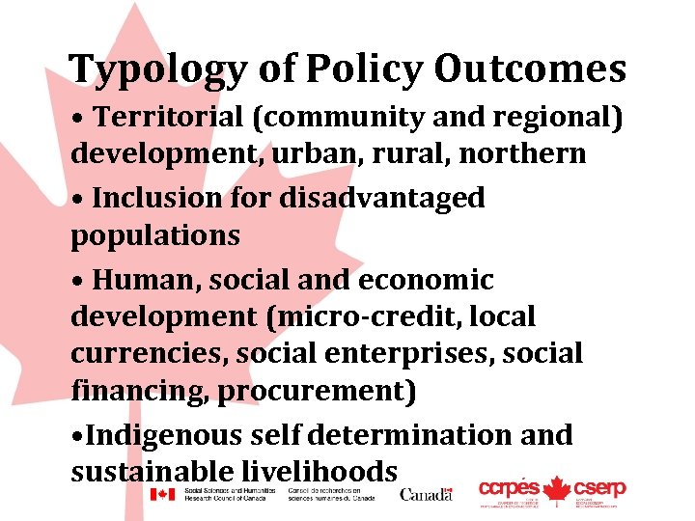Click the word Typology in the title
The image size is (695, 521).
tap(158, 69)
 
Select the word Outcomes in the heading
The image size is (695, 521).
tap(530, 69)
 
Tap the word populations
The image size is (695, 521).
tap(155, 234)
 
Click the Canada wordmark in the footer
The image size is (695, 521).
tap(426, 494)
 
